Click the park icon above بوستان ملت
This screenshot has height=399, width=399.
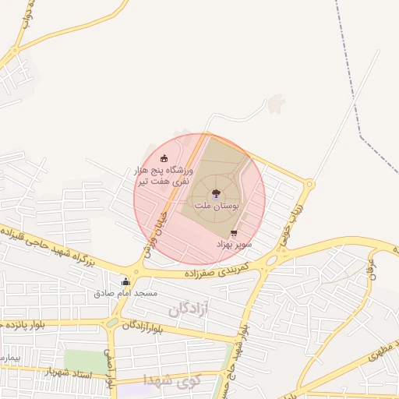coord(216,193)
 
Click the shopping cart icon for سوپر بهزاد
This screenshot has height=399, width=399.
coord(234,232)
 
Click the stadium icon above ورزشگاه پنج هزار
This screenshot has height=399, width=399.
coord(164,157)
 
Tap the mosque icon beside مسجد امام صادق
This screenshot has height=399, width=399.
coord(125,281)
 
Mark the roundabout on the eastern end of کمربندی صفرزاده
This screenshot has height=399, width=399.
coord(272,260)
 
